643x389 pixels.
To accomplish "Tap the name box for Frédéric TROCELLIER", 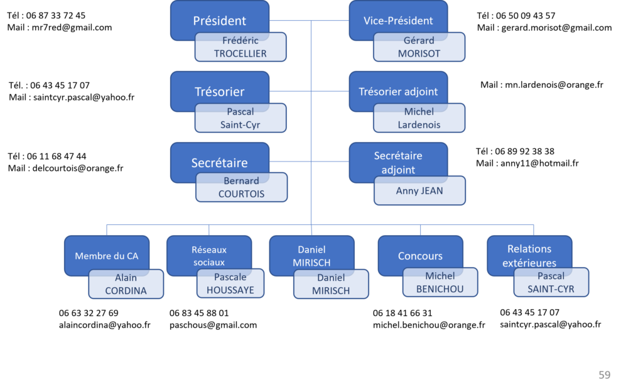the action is coord(240,47).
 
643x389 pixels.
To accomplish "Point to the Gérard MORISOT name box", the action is coord(419,47).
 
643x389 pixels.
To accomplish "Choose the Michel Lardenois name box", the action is coord(419,118).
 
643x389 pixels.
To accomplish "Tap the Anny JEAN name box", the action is coord(419,190).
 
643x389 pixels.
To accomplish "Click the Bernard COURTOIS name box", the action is coord(242,187).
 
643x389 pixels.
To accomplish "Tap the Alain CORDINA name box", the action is coord(126,284).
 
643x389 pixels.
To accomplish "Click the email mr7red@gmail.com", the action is coord(72,28).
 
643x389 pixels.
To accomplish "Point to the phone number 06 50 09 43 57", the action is coord(526,16).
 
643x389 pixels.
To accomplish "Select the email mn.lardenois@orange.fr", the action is coord(554,85).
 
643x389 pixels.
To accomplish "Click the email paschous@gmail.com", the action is coord(213,325).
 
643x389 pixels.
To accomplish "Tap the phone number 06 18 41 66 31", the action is coord(403,313).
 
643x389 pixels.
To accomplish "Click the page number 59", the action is coord(605,375).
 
